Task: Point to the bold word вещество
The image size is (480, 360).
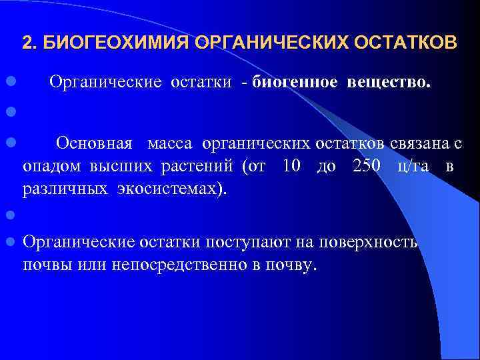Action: click(x=388, y=83)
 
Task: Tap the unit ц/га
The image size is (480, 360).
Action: click(x=413, y=166)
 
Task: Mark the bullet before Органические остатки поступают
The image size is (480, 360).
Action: click(x=11, y=242)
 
